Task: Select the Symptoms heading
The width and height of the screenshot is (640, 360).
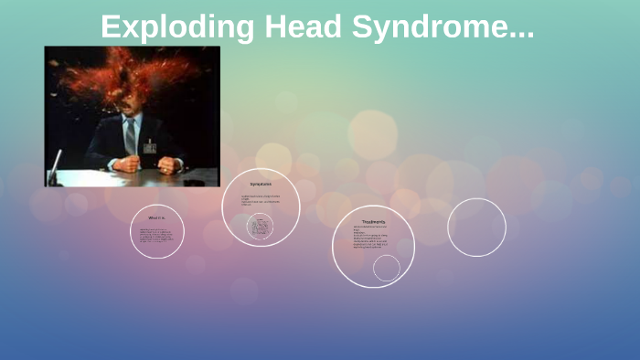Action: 261,185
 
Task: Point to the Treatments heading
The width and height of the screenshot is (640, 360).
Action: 373,222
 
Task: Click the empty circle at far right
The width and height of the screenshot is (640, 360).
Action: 476,227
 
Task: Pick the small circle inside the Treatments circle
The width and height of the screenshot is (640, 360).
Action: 387,268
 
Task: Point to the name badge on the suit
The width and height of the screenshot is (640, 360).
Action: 149,146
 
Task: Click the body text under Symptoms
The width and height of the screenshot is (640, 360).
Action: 260,200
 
